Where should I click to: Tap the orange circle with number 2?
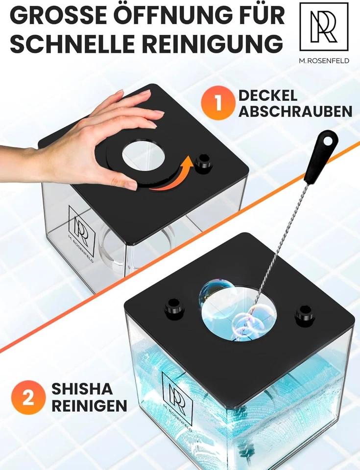tap(28, 397)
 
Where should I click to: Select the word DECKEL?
tap(268, 95)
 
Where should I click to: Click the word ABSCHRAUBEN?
tap(295, 111)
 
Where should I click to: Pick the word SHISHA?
tap(82, 389)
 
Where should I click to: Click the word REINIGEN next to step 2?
tap(89, 406)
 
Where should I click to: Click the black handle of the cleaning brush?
tap(321, 157)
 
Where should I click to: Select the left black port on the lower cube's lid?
tap(174, 307)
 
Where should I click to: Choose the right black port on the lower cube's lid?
tap(305, 315)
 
